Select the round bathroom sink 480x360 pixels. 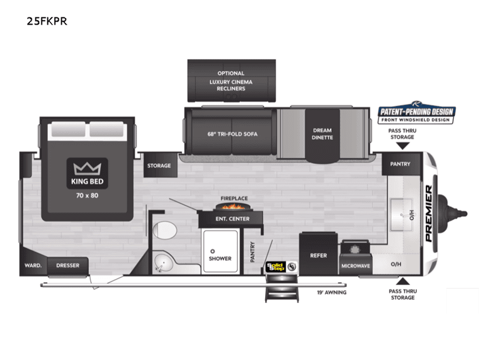(x=163, y=261)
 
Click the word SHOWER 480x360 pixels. (x=220, y=259)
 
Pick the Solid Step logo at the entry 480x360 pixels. (x=275, y=266)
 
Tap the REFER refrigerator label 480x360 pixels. (x=318, y=256)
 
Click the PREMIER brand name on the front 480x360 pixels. (x=430, y=214)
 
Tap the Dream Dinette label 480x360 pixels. (x=322, y=134)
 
